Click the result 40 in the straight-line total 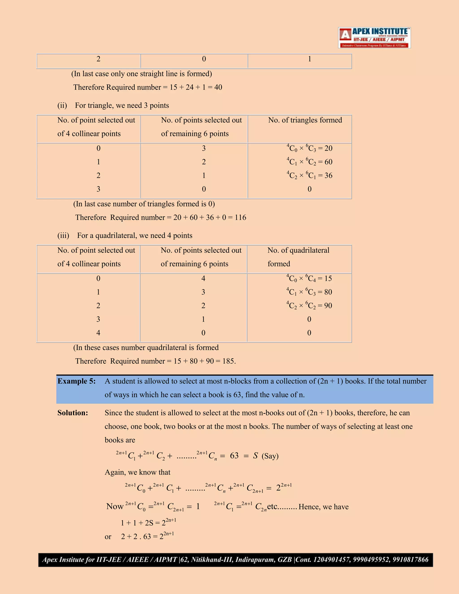[x=218, y=87]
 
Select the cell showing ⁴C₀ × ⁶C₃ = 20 [x=310, y=148]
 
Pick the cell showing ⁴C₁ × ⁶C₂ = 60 [x=310, y=162]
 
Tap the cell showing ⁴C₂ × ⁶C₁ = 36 [x=310, y=176]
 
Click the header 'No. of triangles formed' [x=305, y=120]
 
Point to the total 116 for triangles [x=240, y=218]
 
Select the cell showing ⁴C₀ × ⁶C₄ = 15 [x=309, y=278]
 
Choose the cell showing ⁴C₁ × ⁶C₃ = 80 [x=309, y=292]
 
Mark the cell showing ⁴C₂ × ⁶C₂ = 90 [x=309, y=306]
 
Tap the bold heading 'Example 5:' [x=76, y=381]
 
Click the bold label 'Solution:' [x=73, y=413]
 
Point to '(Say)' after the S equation [x=270, y=456]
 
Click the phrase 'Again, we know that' [x=137, y=472]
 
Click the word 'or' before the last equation [x=108, y=537]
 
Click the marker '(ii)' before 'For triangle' [x=62, y=106]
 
